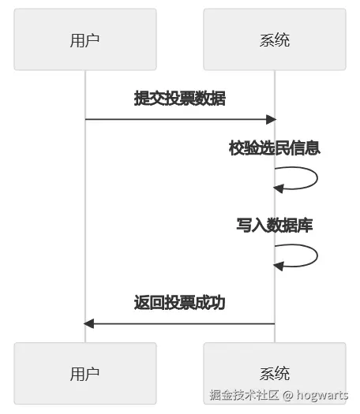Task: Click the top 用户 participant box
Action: click(x=84, y=39)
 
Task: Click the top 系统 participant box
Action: click(x=274, y=39)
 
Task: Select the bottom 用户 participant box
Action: click(x=84, y=373)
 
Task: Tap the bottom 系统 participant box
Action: click(x=274, y=373)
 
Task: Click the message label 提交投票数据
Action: click(x=180, y=99)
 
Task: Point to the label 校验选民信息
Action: click(x=274, y=147)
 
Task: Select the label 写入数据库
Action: click(x=274, y=225)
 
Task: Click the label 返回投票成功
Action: click(x=180, y=302)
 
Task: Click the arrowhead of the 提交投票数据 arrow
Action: click(x=271, y=119)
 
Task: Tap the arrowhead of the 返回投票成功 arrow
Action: click(x=89, y=323)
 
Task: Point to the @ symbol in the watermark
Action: click(x=288, y=395)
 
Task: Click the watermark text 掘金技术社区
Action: click(x=244, y=395)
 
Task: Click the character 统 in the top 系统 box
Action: click(x=282, y=39)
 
